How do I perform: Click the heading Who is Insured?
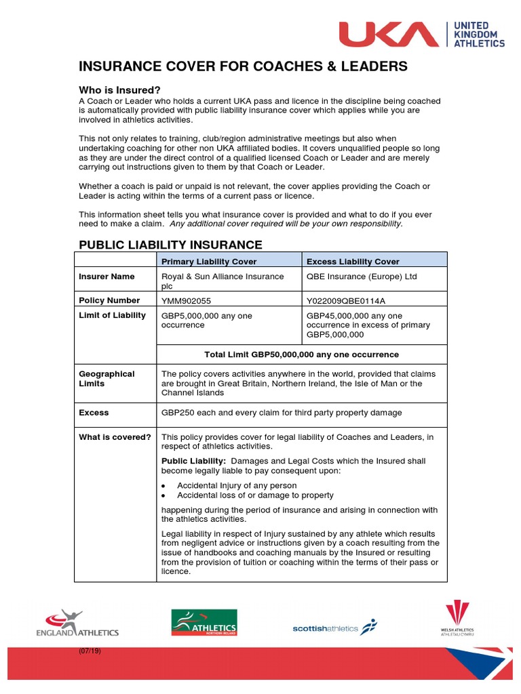(119, 90)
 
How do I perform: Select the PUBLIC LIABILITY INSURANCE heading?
(170, 245)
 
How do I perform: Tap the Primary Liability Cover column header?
(212, 262)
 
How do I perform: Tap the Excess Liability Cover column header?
(353, 262)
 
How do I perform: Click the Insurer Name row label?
(107, 277)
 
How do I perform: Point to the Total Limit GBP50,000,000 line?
(301, 354)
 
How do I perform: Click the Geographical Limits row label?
(107, 378)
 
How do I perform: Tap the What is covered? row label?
(115, 437)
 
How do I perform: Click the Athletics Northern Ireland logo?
(204, 623)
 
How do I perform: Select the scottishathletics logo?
(334, 628)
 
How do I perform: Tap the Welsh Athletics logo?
(457, 619)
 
